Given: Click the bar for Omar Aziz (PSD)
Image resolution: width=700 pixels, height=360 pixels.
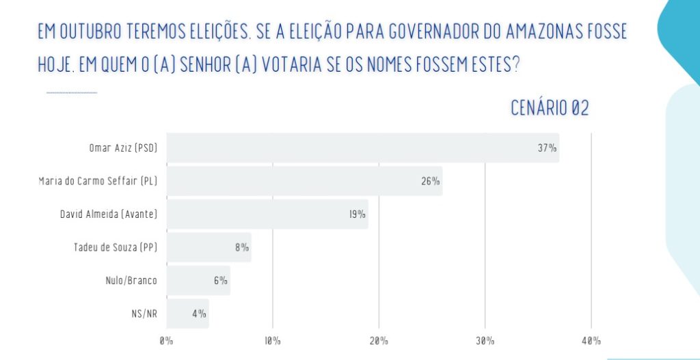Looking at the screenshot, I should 362,148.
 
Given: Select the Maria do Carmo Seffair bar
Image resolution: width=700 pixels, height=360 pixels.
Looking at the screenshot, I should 304,181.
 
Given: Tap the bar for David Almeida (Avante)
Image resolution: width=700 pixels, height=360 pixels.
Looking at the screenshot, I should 267,214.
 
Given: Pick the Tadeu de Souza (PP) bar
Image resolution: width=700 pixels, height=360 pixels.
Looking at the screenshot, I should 208,247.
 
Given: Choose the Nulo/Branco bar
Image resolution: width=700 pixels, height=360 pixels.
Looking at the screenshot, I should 198,280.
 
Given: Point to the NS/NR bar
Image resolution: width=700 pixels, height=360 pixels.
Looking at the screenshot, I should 187,314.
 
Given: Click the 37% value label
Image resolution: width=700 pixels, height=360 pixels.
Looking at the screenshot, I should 547,148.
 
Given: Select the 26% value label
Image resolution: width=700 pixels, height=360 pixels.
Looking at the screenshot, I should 431,181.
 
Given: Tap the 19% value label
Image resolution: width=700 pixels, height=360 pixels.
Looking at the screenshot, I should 357,214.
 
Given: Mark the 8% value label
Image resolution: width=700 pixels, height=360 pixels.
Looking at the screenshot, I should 242,247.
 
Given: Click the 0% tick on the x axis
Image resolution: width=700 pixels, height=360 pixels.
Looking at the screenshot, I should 167,341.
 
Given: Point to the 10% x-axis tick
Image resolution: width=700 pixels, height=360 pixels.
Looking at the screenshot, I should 272,341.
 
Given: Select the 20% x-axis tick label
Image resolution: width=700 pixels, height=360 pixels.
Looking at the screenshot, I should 379,341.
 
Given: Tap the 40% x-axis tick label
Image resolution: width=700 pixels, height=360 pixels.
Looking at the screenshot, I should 591,341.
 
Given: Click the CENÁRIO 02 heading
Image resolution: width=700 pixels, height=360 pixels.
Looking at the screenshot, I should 550,108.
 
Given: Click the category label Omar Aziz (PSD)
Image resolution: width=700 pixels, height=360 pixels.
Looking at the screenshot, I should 123,148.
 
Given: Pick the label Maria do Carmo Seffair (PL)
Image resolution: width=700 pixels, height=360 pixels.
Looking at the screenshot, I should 98,181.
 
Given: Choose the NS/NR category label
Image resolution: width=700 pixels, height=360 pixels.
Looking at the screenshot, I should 145,314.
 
